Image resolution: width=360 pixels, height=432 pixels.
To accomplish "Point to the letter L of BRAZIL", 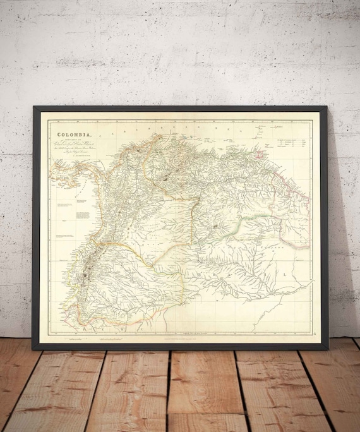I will [x=284, y=275].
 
